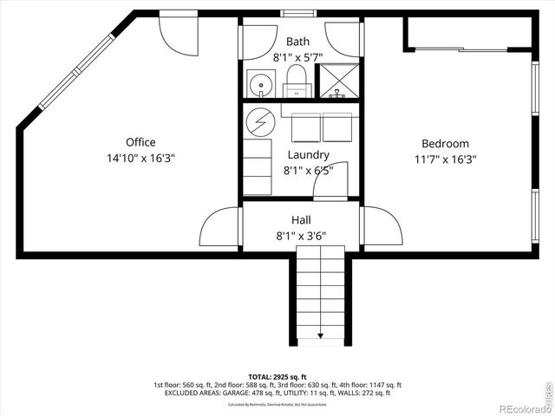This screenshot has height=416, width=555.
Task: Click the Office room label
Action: [140, 142]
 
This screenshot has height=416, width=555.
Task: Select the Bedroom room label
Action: [445, 144]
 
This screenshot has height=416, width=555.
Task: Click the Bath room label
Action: [297, 41]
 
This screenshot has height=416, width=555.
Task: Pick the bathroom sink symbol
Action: [259, 84]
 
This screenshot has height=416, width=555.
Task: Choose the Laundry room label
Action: [308, 155]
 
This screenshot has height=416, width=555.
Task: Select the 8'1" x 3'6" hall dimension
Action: [301, 235]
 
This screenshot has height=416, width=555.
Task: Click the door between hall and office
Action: [220, 227]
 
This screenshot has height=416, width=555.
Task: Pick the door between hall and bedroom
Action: [382, 227]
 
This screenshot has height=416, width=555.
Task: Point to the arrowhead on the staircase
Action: [321, 335]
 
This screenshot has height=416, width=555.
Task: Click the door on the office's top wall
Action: [179, 31]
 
